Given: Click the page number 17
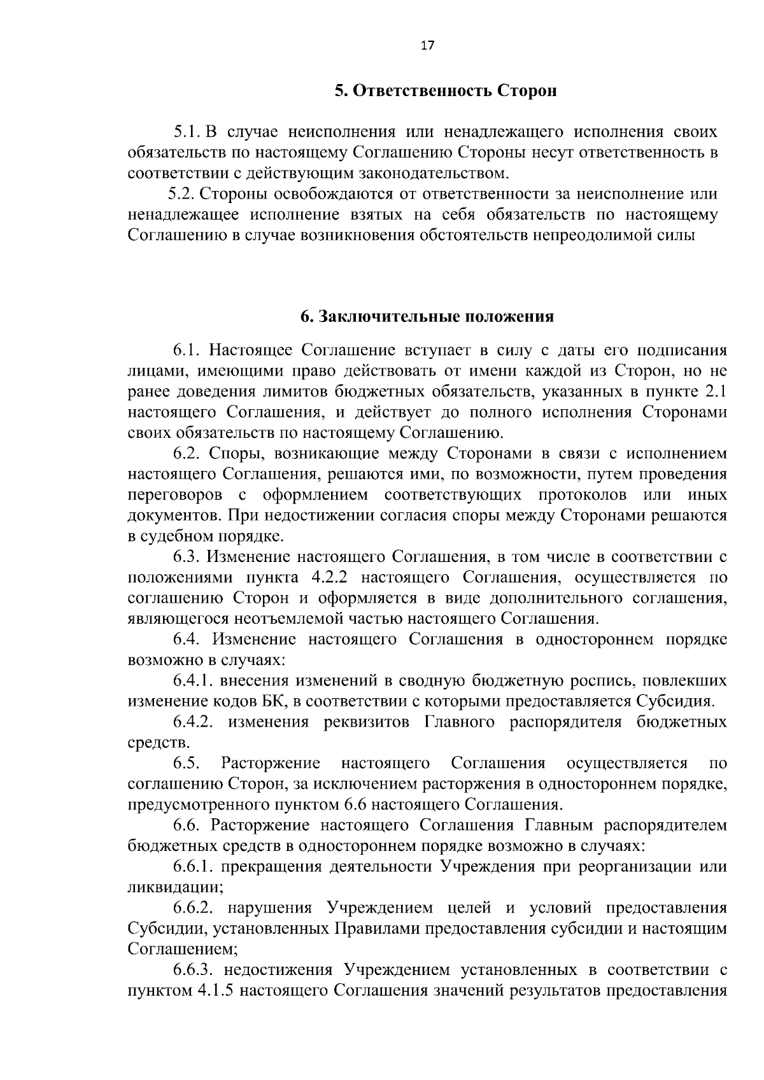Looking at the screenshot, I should pyautogui.click(x=427, y=45).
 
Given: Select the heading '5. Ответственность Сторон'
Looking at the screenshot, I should pyautogui.click(x=446, y=91).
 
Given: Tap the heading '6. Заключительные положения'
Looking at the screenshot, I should pyautogui.click(x=427, y=317).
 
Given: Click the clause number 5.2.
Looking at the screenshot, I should pyautogui.click(x=181, y=194).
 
